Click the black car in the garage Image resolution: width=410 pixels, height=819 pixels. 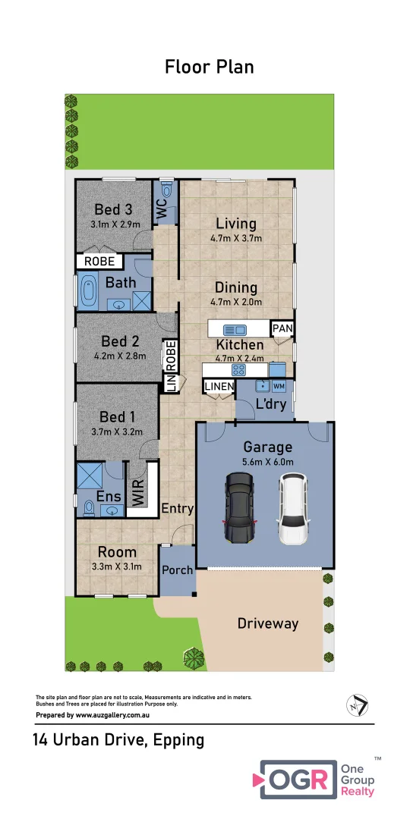pos(239,507)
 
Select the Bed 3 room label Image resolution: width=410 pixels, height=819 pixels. pos(113,209)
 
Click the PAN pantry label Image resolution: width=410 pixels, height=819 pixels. pos(282,328)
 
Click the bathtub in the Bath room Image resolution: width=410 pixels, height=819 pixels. pos(88,292)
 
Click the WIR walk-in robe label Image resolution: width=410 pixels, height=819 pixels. pos(138,491)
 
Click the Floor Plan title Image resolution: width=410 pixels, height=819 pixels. pos(209,67)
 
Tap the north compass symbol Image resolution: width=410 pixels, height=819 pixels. pos(355,704)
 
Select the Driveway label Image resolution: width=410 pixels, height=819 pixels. pos(268,623)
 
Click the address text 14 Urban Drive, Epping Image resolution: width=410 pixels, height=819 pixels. pos(118,739)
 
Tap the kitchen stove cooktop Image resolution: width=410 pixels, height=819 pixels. pos(238,370)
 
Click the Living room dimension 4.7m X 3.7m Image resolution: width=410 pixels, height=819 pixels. pos(235,238)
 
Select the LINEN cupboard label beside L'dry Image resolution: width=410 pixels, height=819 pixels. pos(219,387)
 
